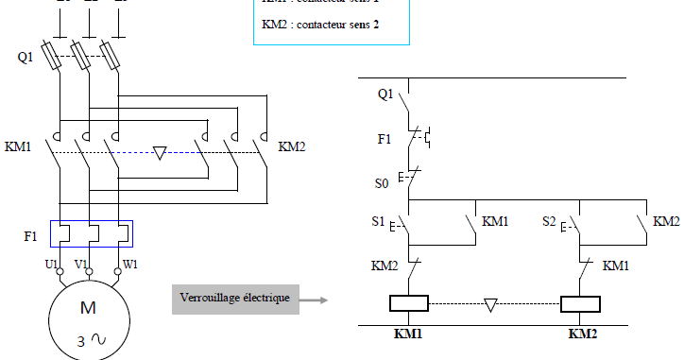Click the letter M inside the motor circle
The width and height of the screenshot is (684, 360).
pyautogui.click(x=88, y=309)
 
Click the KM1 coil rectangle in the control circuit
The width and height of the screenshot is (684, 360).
pyautogui.click(x=409, y=304)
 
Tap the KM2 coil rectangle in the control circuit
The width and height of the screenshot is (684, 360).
pyautogui.click(x=579, y=304)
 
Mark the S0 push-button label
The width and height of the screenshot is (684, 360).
pyautogui.click(x=383, y=181)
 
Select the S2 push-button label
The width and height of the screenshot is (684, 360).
pyautogui.click(x=550, y=223)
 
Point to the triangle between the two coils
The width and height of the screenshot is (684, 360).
pyautogui.click(x=490, y=304)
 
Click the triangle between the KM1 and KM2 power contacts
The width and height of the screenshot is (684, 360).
pyautogui.click(x=159, y=152)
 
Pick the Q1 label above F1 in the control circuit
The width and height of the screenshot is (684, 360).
pyautogui.click(x=385, y=94)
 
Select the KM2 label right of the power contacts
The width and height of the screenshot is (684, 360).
pyautogui.click(x=292, y=148)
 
